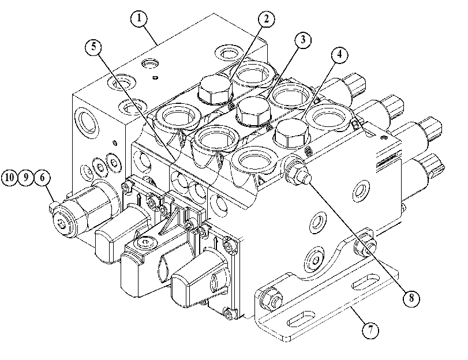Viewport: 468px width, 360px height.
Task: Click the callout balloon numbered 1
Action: (x=139, y=18)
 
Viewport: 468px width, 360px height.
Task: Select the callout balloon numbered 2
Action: (x=266, y=19)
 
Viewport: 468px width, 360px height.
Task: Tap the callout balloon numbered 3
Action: (x=302, y=40)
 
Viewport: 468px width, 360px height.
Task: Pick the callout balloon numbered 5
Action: (x=93, y=47)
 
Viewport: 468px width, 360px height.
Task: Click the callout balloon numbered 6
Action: (x=42, y=178)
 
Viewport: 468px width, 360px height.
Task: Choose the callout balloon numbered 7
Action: (x=370, y=331)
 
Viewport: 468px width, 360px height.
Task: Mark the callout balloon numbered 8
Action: (x=411, y=298)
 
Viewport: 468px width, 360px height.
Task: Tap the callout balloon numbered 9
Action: (x=26, y=178)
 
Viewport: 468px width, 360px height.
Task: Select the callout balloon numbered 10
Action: (x=10, y=178)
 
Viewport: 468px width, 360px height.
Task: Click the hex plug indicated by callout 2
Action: (x=215, y=89)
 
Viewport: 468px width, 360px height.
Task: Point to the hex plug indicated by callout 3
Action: (x=253, y=111)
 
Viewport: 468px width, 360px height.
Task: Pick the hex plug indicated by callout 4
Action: (x=291, y=133)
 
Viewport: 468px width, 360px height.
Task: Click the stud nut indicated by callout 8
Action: (x=298, y=173)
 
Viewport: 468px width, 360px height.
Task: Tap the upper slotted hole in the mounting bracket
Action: (x=366, y=282)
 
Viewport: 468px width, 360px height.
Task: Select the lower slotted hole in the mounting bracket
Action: (x=301, y=318)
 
